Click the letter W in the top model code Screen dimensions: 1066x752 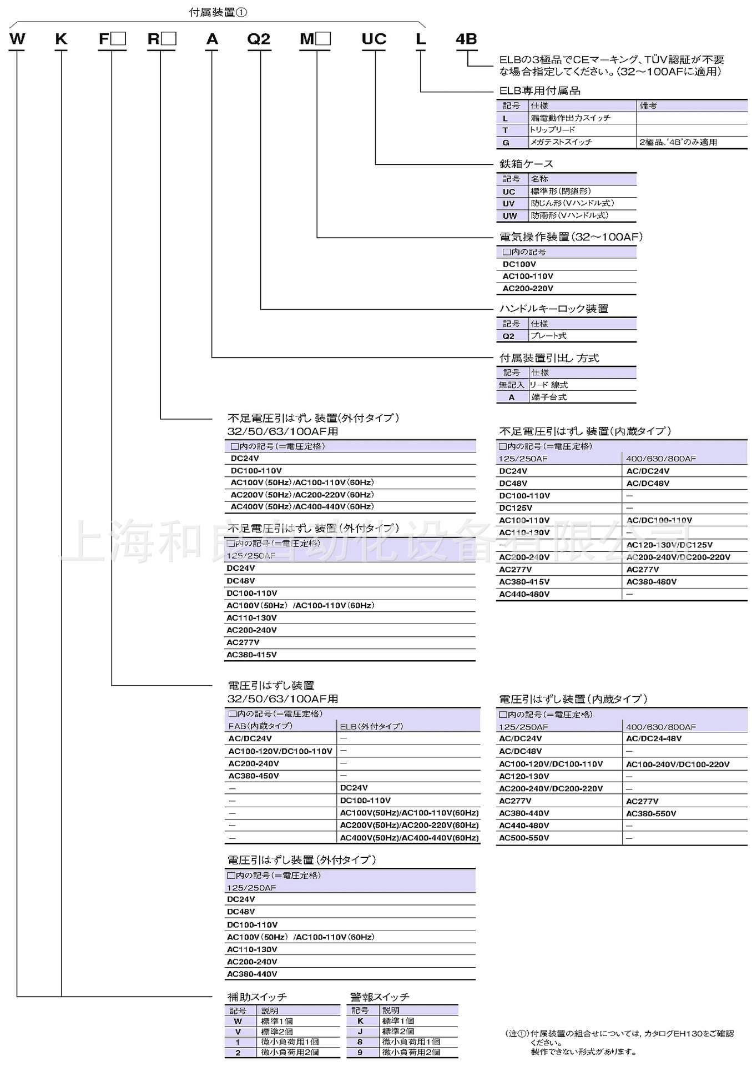tap(17, 39)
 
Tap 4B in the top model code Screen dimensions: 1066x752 tap(466, 39)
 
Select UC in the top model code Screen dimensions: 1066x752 tap(374, 39)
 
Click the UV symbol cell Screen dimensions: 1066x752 tap(509, 204)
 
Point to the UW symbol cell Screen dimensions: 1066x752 tap(509, 216)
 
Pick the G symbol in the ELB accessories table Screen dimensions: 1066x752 tap(506, 143)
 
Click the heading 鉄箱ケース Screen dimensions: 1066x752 tap(526, 164)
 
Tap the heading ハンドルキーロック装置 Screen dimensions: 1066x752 tap(554, 309)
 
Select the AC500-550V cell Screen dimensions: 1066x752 tap(524, 838)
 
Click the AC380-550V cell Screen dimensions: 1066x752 tap(651, 813)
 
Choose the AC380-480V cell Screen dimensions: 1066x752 tap(651, 582)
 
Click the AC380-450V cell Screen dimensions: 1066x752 tap(254, 776)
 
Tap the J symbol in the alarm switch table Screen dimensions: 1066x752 tap(360, 1031)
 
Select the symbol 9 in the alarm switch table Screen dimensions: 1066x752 tap(360, 1052)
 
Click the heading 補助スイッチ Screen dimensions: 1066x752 tap(257, 997)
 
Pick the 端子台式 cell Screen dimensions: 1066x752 tap(549, 397)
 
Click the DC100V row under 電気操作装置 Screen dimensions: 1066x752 tap(519, 264)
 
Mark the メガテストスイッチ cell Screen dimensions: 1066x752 tap(561, 142)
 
